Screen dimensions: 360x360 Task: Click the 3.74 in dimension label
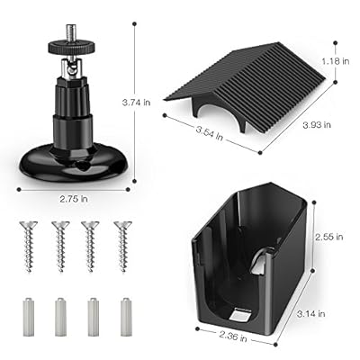pos(136,103)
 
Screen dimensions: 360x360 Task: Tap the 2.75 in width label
pos(74,199)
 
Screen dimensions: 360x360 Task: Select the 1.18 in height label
pos(336,61)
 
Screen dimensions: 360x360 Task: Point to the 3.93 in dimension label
pos(317,124)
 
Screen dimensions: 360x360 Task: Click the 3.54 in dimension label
pos(210,133)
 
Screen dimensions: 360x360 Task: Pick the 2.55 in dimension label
pos(328,237)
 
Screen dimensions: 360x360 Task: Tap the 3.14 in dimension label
pos(311,314)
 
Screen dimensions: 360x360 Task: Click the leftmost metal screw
pos(29,247)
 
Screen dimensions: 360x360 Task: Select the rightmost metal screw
pos(122,247)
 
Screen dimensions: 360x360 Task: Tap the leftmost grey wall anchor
pos(28,317)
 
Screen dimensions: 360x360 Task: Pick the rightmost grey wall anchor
pos(126,317)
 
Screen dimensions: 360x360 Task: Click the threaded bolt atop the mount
pos(72,33)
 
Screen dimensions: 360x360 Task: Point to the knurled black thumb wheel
pos(72,48)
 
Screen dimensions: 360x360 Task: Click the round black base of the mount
pos(74,164)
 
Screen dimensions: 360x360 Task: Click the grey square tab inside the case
pos(239,315)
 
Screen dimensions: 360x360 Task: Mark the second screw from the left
pos(60,247)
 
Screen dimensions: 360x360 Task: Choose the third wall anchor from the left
pos(94,317)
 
